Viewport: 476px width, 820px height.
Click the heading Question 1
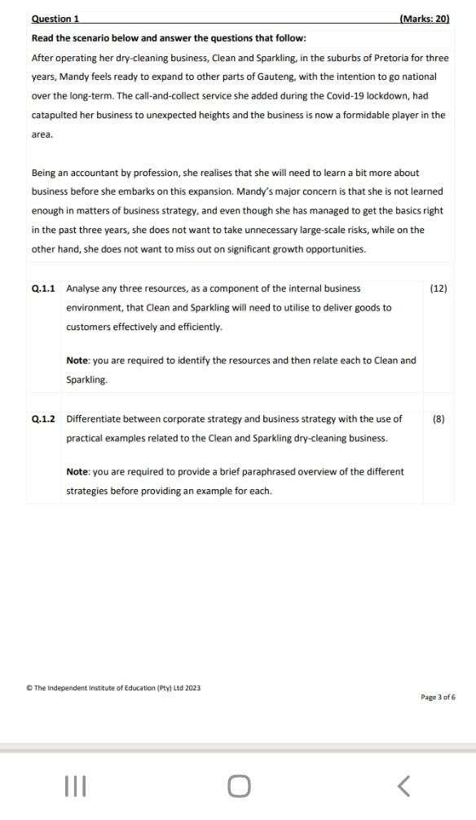point(55,18)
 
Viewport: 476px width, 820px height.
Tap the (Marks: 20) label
point(425,18)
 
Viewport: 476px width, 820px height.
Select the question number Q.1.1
point(43,288)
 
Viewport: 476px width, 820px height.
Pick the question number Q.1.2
point(43,419)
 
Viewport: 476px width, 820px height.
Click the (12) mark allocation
point(438,288)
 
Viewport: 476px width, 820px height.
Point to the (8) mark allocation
point(439,419)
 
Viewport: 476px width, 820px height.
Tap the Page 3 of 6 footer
point(439,697)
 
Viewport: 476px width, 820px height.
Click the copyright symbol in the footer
point(29,688)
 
